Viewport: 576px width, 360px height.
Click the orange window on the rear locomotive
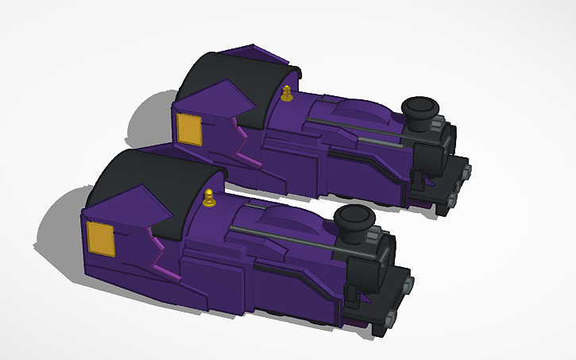[x=189, y=129]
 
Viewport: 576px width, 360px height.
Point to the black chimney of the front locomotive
[x=353, y=219]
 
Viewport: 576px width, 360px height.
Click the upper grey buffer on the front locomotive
[x=408, y=283]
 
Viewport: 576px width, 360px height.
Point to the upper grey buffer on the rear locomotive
[x=467, y=170]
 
